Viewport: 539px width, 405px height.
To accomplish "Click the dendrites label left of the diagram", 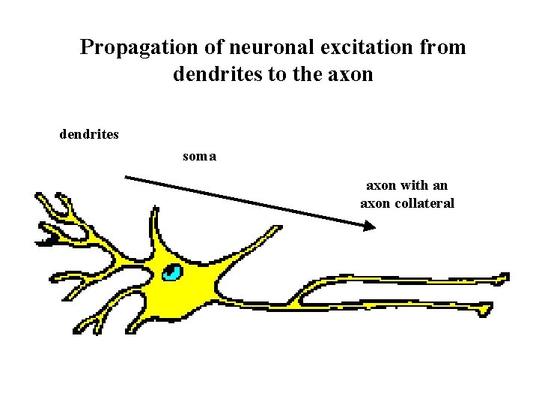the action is point(89,136).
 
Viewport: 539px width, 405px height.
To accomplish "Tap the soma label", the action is point(200,157).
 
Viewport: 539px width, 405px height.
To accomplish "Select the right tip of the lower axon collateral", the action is point(488,307).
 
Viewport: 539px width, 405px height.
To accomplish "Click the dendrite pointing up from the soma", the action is point(154,221).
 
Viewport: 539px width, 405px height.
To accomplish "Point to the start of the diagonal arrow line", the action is point(126,177).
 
